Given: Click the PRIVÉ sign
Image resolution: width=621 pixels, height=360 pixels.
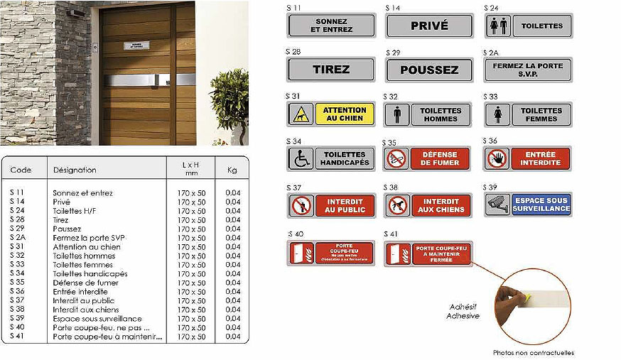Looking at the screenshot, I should pos(429,26).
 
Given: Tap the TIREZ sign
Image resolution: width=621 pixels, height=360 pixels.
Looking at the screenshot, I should pos(330,70).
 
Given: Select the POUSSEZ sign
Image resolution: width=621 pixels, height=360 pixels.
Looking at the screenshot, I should pos(429,70).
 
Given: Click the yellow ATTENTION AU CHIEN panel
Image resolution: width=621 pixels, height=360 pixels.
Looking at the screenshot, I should pos(345,114).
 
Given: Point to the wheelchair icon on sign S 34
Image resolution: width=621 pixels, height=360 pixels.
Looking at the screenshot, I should pos(300,158).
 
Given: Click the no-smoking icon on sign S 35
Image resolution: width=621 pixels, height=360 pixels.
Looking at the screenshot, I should pos(396,159).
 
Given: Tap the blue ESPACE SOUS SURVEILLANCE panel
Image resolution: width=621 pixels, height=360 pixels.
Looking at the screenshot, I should pos(541,205).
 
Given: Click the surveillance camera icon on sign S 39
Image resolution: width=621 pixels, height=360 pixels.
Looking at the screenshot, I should pos(497,205).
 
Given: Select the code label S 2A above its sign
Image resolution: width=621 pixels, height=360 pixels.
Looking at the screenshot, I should pos(491,53).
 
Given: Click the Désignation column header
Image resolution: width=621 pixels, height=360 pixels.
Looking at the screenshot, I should pos(75,170).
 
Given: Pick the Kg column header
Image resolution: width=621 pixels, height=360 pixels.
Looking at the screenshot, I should pos(232,170).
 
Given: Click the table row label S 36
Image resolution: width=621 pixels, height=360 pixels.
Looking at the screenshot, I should pos(18,292).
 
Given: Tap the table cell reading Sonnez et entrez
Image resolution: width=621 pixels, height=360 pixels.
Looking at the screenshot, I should pos(82,193).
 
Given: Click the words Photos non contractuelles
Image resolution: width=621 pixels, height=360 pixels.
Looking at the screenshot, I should pos(534,353).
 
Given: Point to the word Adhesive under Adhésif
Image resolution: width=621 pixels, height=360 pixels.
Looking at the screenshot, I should pos(463,315).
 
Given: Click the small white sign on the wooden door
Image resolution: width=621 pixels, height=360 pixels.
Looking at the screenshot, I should pos(137,45).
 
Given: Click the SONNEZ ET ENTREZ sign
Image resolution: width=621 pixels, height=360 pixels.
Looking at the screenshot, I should pos(330,26).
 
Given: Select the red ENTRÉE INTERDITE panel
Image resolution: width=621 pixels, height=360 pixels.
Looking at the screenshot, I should pos(541,158).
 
